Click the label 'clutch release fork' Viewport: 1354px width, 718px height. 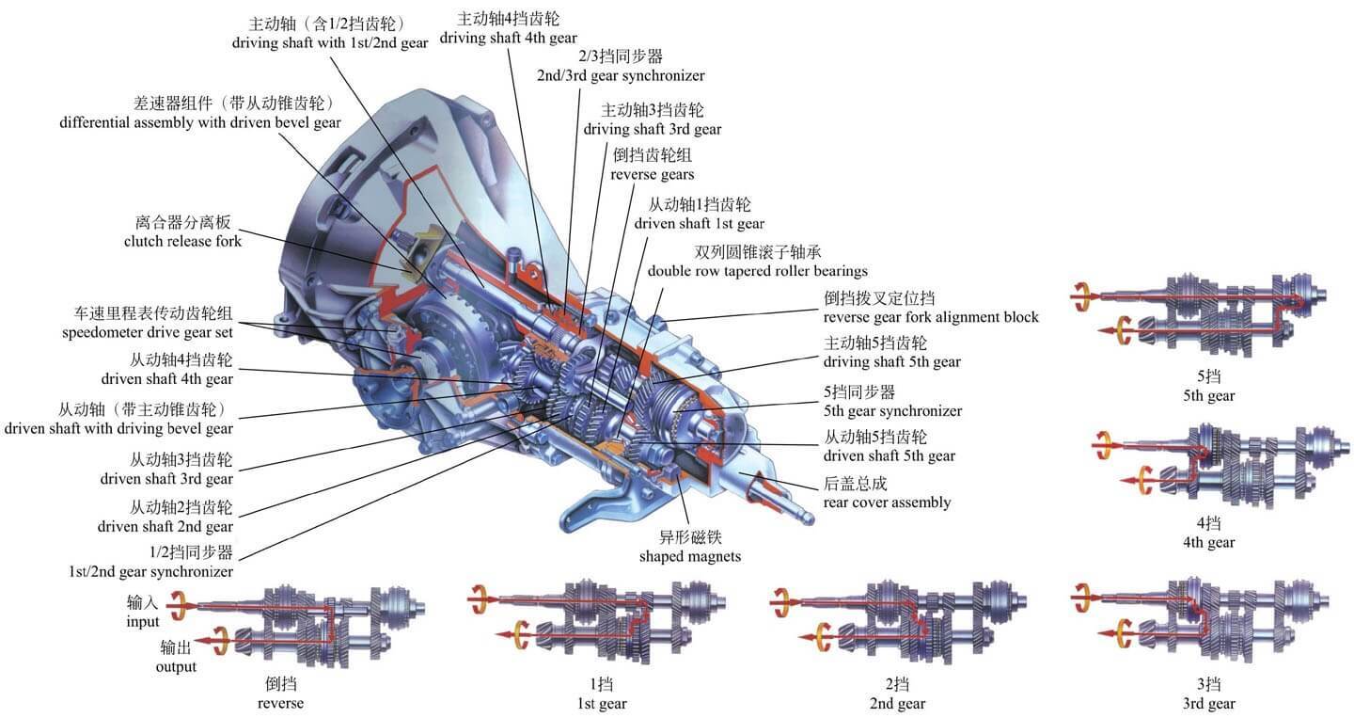click(182, 241)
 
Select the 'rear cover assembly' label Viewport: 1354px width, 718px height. click(887, 502)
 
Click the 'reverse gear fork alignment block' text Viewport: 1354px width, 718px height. click(931, 316)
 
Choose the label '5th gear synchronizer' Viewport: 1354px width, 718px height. click(892, 410)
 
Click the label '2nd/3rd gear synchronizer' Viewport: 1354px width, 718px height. click(620, 75)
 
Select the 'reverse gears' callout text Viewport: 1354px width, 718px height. click(652, 174)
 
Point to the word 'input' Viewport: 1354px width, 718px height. click(143, 621)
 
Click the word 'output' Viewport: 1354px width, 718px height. click(176, 666)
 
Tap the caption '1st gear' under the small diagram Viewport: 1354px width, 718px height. click(601, 703)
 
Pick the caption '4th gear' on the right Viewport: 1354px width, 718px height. click(1208, 542)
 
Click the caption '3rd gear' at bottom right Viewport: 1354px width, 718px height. click(1208, 703)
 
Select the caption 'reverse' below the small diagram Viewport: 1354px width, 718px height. click(280, 703)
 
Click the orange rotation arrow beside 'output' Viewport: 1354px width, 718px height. click(222, 640)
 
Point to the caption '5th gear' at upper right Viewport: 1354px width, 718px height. click(1208, 395)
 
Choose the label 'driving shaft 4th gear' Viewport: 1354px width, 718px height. click(508, 39)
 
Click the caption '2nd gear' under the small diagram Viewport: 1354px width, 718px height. click(897, 703)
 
